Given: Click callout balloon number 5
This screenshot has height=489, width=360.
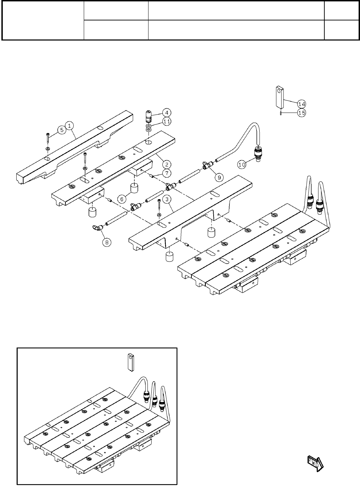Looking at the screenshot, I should (x=62, y=130).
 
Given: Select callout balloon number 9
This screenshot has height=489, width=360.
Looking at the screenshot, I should (x=219, y=177).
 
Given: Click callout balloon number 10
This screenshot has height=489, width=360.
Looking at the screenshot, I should (x=242, y=165).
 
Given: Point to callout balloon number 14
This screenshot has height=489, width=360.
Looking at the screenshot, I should (x=301, y=104).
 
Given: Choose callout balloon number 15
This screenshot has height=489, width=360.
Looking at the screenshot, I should (x=301, y=113).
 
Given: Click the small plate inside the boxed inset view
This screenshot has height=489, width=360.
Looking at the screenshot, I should (x=130, y=362).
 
